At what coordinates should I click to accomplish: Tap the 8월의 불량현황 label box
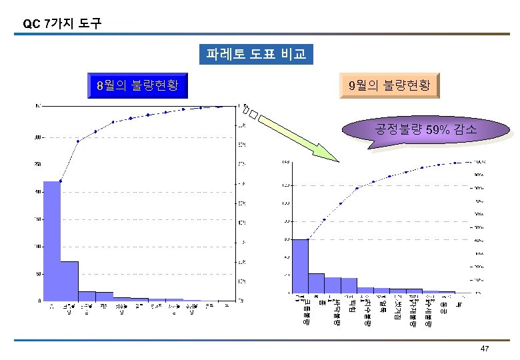[137, 85]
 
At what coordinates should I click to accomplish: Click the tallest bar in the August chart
[52, 241]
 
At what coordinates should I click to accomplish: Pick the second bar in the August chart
[69, 281]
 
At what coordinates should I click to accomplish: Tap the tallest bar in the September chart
[300, 265]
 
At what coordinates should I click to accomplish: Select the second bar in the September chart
[316, 283]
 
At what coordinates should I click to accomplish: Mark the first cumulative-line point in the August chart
[61, 181]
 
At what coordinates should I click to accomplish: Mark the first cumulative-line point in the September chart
[308, 239]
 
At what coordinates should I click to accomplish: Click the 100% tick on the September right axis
[479, 162]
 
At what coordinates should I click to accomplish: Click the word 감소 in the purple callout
[465, 129]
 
